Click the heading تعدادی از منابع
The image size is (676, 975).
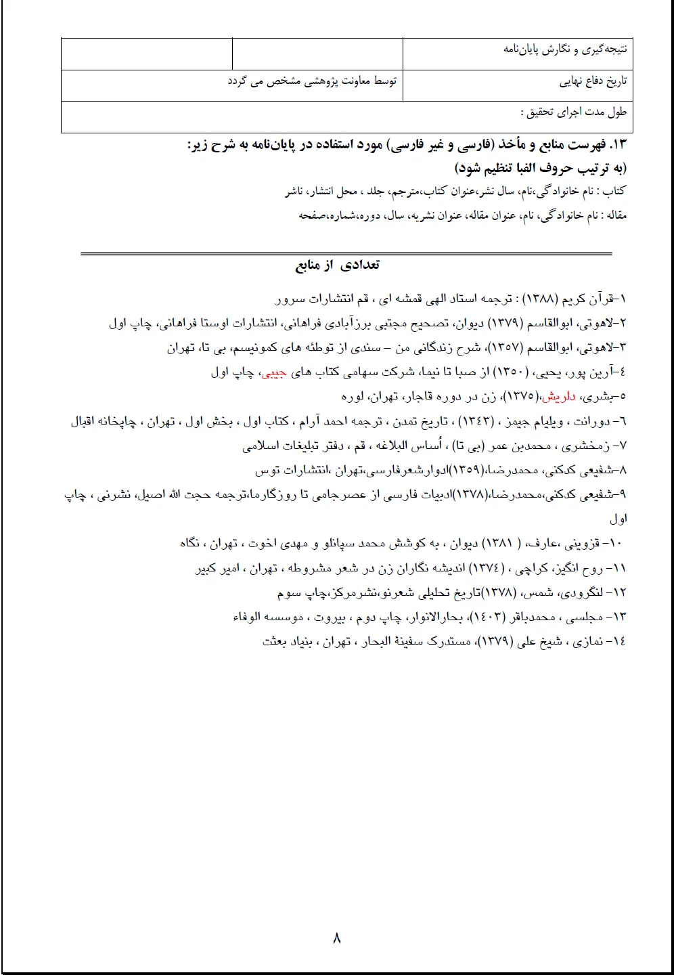(338, 265)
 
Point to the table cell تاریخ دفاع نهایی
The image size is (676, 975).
(593, 82)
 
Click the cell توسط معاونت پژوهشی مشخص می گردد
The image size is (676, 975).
(312, 81)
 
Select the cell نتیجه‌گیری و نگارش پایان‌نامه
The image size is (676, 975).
(565, 49)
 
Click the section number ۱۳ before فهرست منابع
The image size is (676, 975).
(620, 145)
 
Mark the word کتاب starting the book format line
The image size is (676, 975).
(616, 192)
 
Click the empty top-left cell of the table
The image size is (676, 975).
(147, 54)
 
